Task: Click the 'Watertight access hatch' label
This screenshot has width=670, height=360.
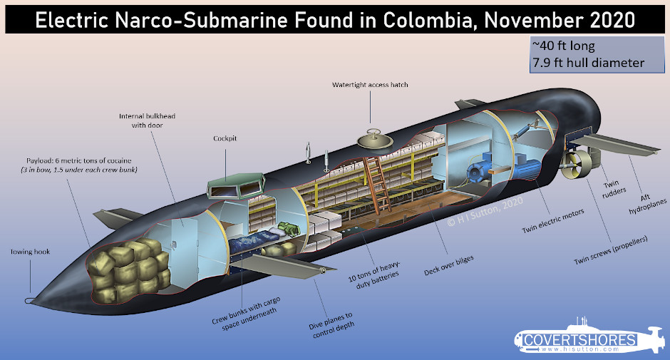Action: click(370, 85)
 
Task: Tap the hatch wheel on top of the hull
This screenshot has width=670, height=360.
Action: click(375, 139)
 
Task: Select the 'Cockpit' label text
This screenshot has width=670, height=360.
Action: click(225, 138)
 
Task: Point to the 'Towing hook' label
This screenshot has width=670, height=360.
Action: click(31, 252)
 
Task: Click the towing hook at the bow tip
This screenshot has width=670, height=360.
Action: click(29, 301)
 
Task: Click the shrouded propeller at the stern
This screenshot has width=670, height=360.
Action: click(577, 165)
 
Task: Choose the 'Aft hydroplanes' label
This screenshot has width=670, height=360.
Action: click(647, 204)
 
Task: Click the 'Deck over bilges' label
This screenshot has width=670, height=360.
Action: click(448, 265)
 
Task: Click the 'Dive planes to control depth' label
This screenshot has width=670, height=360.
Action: click(332, 325)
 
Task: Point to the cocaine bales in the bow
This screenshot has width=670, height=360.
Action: click(128, 270)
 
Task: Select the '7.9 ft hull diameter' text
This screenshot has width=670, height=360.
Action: click(588, 63)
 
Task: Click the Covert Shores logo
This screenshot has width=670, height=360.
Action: click(589, 339)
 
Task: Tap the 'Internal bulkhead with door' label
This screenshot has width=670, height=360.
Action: click(147, 120)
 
